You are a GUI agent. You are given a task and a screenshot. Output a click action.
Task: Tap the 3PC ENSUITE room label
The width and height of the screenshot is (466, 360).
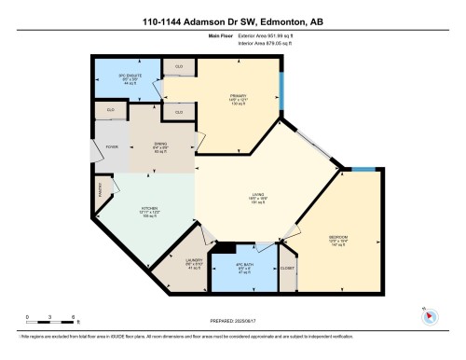pos(127,76)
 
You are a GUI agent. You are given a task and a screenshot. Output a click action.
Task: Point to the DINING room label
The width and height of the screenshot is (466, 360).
pos(160,146)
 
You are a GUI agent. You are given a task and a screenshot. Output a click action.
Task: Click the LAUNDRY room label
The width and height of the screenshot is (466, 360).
pos(194,262)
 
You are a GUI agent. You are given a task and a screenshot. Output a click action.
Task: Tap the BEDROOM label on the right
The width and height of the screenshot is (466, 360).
pos(338,239)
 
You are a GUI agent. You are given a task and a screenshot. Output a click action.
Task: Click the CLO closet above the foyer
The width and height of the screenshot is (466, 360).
pos(110,109)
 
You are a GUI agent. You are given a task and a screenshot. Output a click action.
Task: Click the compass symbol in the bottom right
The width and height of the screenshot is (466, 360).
pos(428,315)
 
